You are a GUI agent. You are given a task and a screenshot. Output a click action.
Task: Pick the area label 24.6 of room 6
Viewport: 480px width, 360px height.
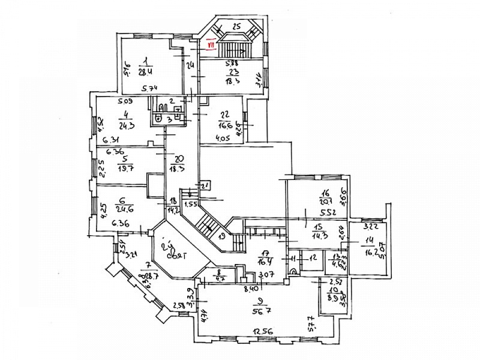point(125,208)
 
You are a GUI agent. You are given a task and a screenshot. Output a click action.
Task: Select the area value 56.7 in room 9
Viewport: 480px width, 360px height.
point(262,311)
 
